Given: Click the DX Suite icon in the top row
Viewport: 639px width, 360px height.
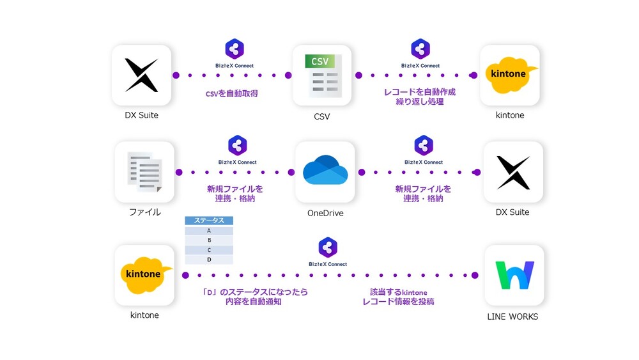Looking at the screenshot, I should [x=141, y=75].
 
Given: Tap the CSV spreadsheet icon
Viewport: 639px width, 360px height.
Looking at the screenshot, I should [x=322, y=75].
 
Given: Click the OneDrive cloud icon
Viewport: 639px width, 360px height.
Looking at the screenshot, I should [x=325, y=171].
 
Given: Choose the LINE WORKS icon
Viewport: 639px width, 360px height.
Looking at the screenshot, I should [x=514, y=275].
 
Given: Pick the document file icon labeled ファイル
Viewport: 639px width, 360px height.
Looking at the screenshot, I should [x=144, y=171].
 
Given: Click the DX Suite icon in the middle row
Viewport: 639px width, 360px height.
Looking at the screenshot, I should [x=513, y=171].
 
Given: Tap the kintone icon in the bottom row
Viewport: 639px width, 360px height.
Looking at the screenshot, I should [x=144, y=275].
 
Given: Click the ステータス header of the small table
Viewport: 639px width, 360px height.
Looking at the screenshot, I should [x=209, y=221].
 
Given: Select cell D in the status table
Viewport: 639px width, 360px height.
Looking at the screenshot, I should [x=209, y=260].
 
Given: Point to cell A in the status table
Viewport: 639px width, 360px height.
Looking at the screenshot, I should [x=209, y=231].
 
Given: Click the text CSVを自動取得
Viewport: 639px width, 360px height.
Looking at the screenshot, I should [x=231, y=94].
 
